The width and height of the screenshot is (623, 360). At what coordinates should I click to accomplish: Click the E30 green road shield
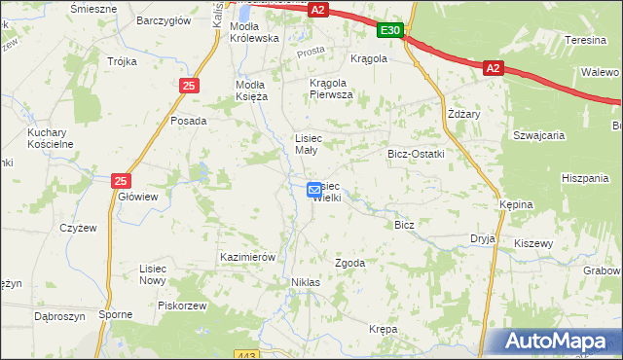point(390,32)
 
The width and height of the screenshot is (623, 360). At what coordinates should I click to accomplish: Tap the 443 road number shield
point(246,355)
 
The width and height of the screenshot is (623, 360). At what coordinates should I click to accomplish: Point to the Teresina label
point(587,40)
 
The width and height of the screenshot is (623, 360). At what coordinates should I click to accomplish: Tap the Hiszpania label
point(584,178)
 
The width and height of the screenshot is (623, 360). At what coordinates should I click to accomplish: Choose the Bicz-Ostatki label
point(416,154)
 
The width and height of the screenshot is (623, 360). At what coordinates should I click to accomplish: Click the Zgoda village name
point(349,263)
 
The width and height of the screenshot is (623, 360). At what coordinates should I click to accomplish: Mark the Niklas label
point(306,282)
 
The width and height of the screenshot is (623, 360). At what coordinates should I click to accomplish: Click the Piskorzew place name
point(183,305)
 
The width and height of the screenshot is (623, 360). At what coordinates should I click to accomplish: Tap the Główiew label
point(137,196)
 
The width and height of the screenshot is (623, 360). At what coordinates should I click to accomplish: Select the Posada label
point(188,121)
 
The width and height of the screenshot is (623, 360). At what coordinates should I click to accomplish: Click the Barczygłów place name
point(162,19)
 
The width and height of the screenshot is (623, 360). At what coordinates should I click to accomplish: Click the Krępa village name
point(384,330)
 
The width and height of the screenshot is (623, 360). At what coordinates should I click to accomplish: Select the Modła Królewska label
point(254,31)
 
